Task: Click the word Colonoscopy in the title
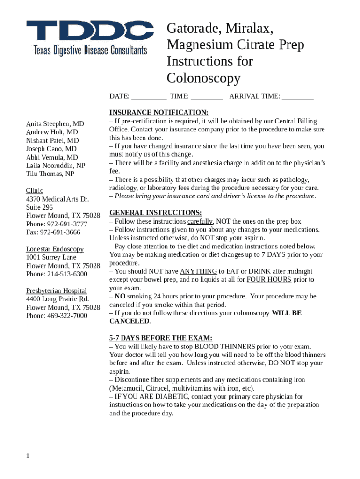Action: click(x=203, y=78)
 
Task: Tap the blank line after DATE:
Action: click(x=149, y=97)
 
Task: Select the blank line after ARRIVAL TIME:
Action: click(x=298, y=97)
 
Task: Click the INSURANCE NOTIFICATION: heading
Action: click(x=158, y=113)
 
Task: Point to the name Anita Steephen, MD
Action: click(x=55, y=124)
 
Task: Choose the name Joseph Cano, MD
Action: click(x=51, y=149)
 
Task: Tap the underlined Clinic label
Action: click(x=35, y=190)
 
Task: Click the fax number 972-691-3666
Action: click(x=60, y=232)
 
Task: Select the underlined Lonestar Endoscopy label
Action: click(x=55, y=249)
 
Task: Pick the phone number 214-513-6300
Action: click(x=67, y=274)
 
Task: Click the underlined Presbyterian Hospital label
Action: click(x=56, y=290)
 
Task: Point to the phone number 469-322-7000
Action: click(x=67, y=315)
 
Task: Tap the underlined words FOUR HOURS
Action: click(x=269, y=280)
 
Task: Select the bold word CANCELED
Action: click(x=130, y=321)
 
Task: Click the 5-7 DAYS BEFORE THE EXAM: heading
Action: click(x=160, y=338)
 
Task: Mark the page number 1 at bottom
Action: click(x=28, y=456)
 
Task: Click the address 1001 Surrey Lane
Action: click(x=51, y=257)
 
